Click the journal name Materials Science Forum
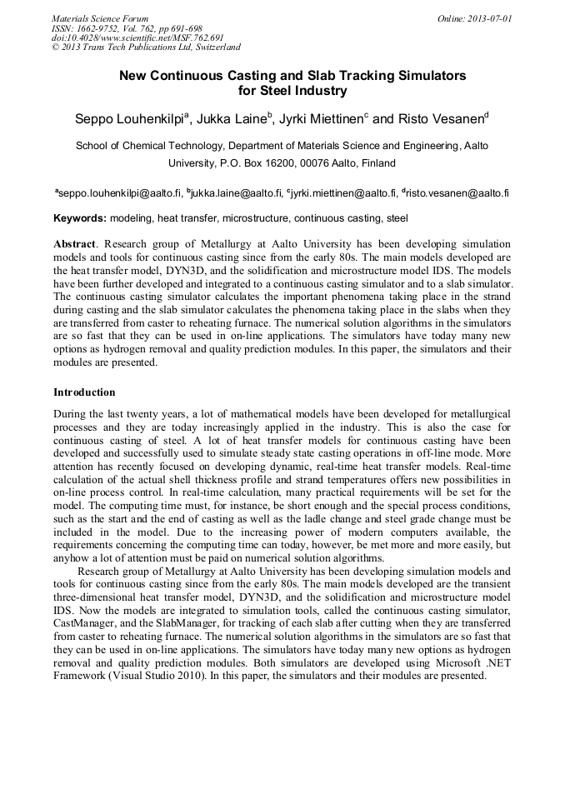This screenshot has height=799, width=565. pos(100,17)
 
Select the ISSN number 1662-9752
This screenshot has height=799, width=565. pos(99,27)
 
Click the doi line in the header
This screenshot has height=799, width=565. pos(137,37)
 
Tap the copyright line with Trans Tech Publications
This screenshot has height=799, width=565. pos(146,47)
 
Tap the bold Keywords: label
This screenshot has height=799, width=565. pos(80,218)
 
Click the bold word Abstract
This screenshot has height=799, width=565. pos(75,243)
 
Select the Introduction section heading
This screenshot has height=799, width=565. pos(84,392)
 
